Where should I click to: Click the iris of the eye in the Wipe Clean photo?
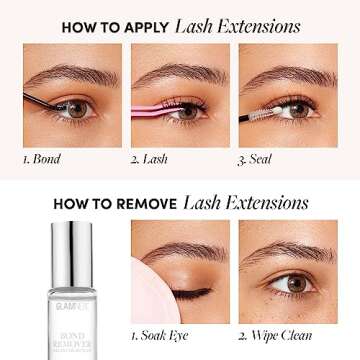(x=296, y=284)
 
